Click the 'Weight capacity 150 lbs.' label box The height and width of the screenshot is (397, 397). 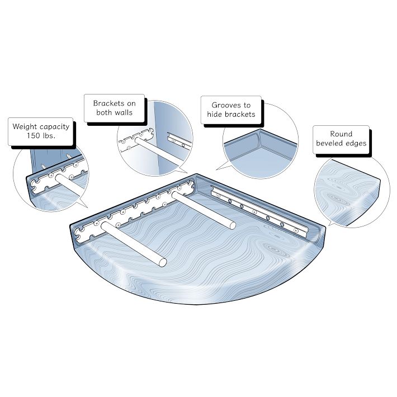coord(40,131)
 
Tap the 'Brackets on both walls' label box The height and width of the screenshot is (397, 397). coord(114,108)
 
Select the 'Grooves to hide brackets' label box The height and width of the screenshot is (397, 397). coord(231,110)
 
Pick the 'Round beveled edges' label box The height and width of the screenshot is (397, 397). coord(341,139)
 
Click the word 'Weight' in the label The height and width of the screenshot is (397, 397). coord(24,126)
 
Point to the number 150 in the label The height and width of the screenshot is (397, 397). coord(34,136)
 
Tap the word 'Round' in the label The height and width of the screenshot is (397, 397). coord(341,134)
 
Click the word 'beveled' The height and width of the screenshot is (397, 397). coord(328,143)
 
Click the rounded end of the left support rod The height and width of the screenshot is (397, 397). coord(163,263)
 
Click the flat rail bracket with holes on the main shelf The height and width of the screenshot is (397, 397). coord(260,212)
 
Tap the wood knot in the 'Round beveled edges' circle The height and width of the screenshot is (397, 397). coord(335,198)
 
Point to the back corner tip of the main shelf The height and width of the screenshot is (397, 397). coord(196,174)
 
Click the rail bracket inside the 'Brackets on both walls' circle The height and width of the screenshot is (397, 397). coord(179,142)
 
